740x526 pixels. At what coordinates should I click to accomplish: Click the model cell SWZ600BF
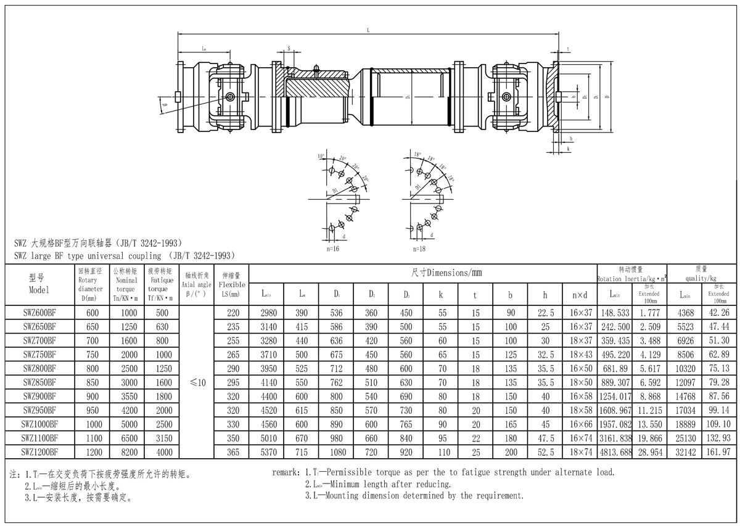39,313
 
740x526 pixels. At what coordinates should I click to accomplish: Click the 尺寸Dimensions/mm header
446,272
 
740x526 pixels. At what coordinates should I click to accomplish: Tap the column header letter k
441,295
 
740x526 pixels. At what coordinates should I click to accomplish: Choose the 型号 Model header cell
39,284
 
